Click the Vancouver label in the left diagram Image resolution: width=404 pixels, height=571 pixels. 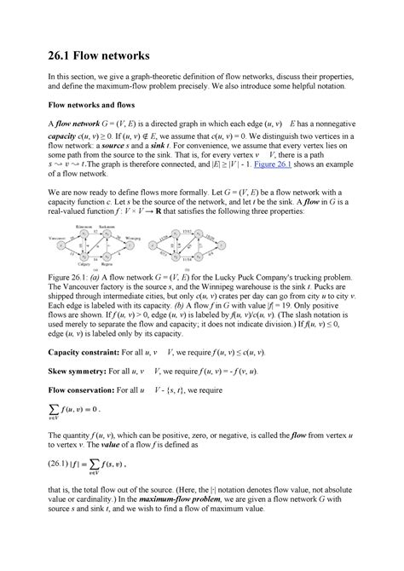[61, 254]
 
